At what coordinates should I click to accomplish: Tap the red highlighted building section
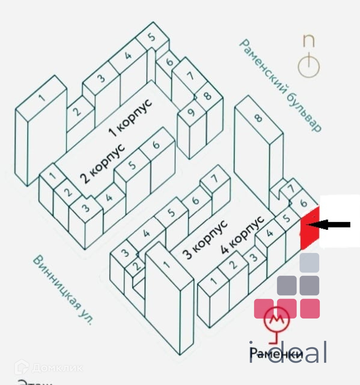coord(310,229)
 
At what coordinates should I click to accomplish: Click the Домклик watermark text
coord(57,368)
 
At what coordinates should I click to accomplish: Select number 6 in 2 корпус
coord(156,145)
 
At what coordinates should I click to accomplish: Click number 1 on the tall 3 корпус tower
coord(166,264)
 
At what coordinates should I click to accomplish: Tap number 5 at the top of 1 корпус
coord(152,38)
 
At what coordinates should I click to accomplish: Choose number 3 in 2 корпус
coord(86,208)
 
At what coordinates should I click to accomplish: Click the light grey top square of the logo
coord(310,263)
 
